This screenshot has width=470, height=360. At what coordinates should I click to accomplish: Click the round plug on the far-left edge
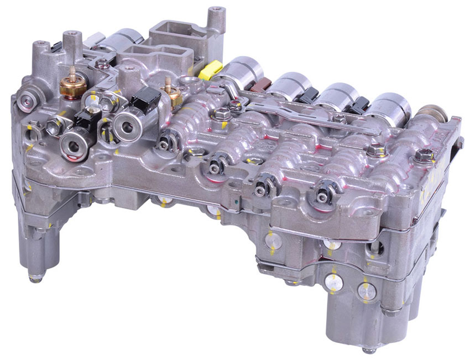pyautogui.click(x=25, y=101)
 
